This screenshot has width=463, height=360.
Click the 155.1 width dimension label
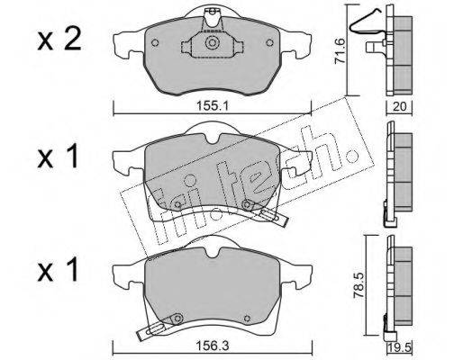click(213, 106)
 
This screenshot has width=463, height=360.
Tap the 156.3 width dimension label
click(213, 346)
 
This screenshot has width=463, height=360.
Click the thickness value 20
click(399, 106)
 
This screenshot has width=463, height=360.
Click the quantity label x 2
click(59, 40)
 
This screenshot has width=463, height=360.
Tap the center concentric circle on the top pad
click(212, 42)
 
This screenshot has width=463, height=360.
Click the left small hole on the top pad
click(155, 43)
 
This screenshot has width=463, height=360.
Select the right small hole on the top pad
click(269, 43)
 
